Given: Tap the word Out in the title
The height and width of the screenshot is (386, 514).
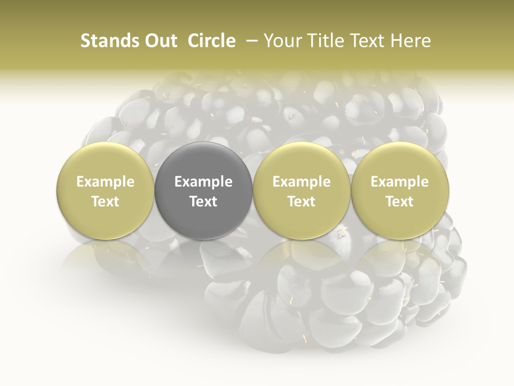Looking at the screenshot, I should pyautogui.click(x=160, y=41).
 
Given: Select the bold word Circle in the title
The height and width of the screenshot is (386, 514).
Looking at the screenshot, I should pyautogui.click(x=211, y=41).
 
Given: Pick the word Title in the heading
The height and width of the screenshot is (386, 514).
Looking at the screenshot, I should pyautogui.click(x=322, y=41).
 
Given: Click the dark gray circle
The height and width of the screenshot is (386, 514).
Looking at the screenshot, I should pyautogui.click(x=203, y=190).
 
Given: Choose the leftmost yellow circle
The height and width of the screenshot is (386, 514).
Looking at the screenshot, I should pyautogui.click(x=105, y=190).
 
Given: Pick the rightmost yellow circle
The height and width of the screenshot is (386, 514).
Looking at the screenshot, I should pyautogui.click(x=400, y=190).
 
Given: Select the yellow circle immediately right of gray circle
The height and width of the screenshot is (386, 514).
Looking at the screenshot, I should pyautogui.click(x=301, y=190).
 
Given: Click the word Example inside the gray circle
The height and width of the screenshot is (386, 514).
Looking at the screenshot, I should pyautogui.click(x=203, y=182).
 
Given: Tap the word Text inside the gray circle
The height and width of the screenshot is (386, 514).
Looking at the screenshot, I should pyautogui.click(x=203, y=202).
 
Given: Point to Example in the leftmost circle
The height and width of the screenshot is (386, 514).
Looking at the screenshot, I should pyautogui.click(x=105, y=182).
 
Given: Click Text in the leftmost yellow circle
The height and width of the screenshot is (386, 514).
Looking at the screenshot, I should pyautogui.click(x=105, y=202).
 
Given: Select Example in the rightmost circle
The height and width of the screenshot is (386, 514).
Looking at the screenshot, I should pyautogui.click(x=400, y=182).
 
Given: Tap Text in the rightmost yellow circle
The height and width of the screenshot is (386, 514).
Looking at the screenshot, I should pyautogui.click(x=400, y=202).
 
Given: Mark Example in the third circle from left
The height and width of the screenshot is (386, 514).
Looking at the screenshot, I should pyautogui.click(x=301, y=182).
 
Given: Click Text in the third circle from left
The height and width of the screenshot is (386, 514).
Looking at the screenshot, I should pyautogui.click(x=301, y=202).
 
